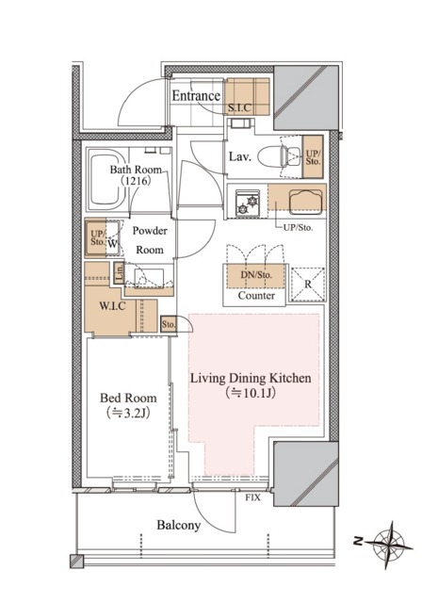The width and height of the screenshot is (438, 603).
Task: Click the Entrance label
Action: pos(196,96)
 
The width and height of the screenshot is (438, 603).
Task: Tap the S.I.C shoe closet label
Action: pos(239,108)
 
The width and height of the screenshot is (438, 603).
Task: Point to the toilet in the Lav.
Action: pos(279,157)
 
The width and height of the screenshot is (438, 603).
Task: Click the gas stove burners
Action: pos(248,203)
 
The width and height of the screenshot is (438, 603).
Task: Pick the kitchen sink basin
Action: pos(305,202)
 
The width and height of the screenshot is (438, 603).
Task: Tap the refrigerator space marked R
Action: pos(308,285)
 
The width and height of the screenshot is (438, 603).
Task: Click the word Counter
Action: pos(256,295)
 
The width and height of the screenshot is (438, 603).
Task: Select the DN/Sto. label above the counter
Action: pos(256,275)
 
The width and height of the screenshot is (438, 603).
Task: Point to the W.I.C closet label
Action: pos(112,306)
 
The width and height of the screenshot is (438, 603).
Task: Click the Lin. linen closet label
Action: pos(119,272)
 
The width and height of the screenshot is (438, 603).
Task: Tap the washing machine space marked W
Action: pos(112,243)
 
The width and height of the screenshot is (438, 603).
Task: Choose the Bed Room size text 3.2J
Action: pos(127,413)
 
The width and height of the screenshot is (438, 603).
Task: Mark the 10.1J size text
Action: pos(251,393)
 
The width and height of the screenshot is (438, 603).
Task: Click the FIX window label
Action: pos(252,497)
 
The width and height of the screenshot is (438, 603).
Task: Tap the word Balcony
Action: pos(178,525)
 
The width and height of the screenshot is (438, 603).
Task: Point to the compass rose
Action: pos(389,545)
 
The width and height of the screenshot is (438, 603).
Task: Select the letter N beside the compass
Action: pos(358,542)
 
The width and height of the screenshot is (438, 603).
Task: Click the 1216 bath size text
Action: pos(136,180)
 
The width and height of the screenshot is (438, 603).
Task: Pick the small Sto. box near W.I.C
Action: pos(168,324)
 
